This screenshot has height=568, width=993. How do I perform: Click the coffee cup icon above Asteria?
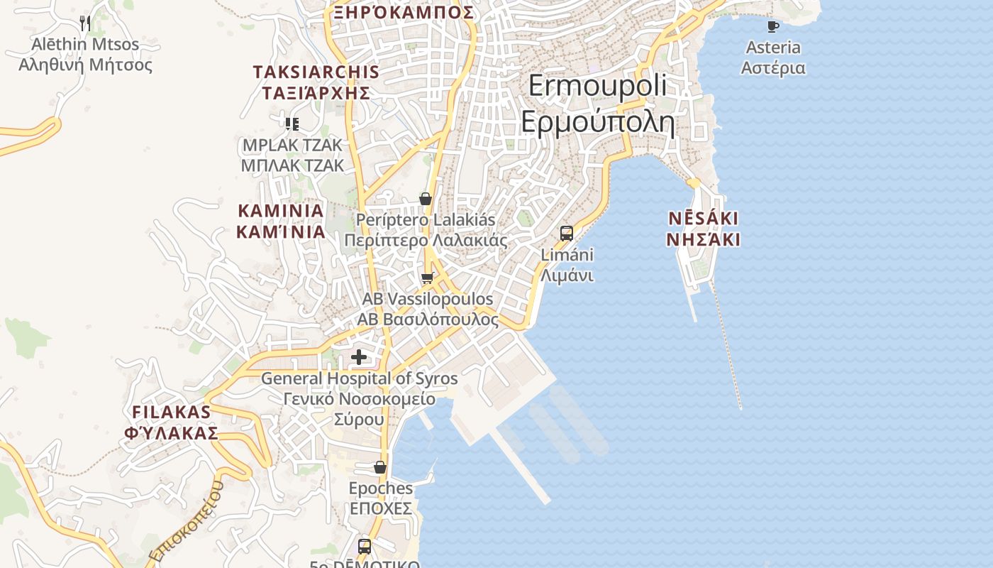pos(773,27)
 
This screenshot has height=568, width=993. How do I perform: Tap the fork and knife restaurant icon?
pos(85,23)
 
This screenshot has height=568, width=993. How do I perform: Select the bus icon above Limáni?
pos(567,233)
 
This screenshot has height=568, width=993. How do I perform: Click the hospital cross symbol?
pos(360,356)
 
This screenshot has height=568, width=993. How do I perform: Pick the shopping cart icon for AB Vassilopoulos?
pos(427,278)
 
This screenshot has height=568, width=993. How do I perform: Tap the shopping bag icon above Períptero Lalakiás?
pos(426,199)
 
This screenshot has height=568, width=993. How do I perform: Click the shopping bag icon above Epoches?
pos(380,467)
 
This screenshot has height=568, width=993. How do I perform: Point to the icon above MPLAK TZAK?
pos(292,124)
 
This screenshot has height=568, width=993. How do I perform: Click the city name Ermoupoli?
pos(597,86)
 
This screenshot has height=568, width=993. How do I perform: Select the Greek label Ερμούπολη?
pos(597,122)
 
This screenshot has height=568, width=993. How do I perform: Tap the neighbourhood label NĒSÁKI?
pos(703,218)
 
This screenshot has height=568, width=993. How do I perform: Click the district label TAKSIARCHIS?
pos(316,72)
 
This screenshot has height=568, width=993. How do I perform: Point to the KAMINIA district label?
pos(281,211)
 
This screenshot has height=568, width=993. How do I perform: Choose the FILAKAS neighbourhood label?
pos(172,412)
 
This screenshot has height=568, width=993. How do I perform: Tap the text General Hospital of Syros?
pos(359,378)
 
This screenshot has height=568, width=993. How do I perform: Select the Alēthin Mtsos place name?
pos(85,44)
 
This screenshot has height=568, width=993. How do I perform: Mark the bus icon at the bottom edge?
pos(365,546)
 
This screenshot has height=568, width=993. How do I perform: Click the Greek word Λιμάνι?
pos(567,275)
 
